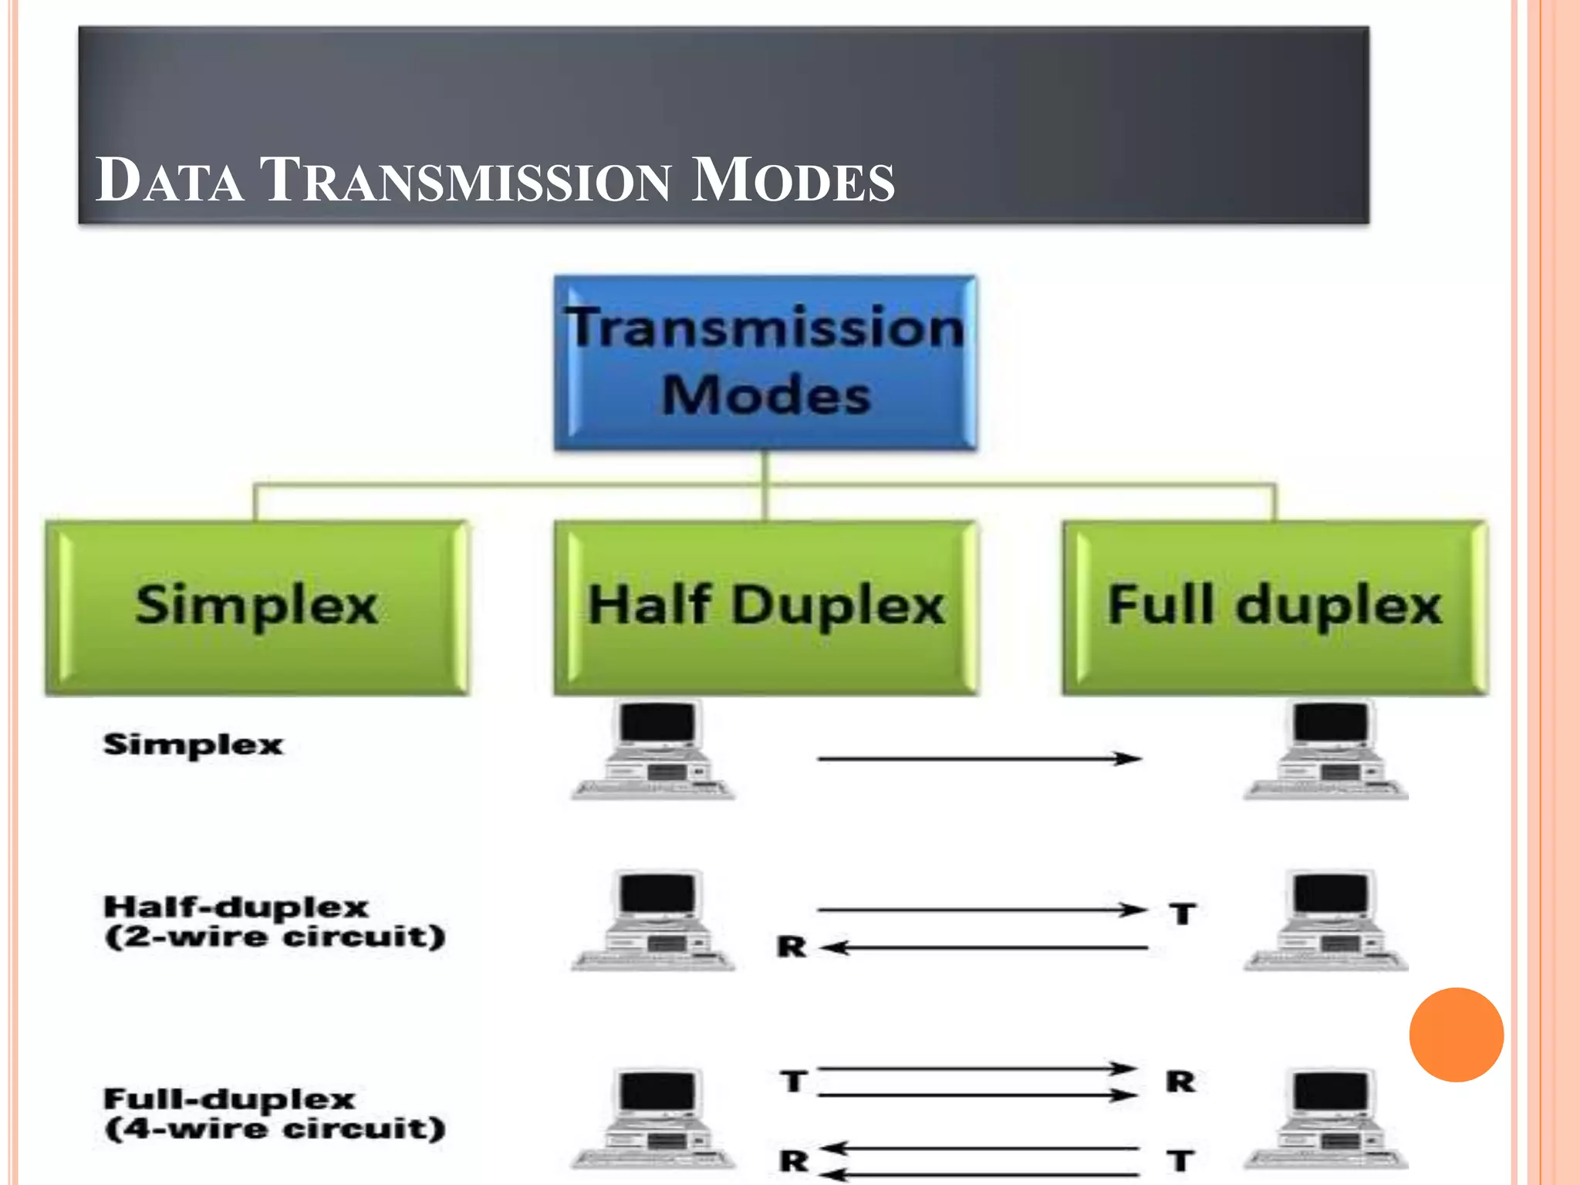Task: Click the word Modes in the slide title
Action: click(x=792, y=181)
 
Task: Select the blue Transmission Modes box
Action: click(x=765, y=363)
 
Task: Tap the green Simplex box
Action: click(x=257, y=607)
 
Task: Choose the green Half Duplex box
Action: click(x=765, y=607)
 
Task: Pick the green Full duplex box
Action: click(x=1274, y=607)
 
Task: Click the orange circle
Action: click(x=1456, y=1035)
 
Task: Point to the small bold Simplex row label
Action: click(x=193, y=744)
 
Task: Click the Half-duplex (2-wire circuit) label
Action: click(x=274, y=922)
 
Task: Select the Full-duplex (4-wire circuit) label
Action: click(x=274, y=1113)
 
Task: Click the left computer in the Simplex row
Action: click(x=654, y=750)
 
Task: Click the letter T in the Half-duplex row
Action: click(x=1182, y=914)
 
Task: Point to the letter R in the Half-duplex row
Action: click(x=792, y=947)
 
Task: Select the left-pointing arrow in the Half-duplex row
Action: click(x=984, y=947)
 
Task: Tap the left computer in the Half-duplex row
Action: click(x=654, y=920)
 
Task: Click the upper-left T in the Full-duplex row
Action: click(x=793, y=1082)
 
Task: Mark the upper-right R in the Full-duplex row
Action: click(x=1180, y=1082)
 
